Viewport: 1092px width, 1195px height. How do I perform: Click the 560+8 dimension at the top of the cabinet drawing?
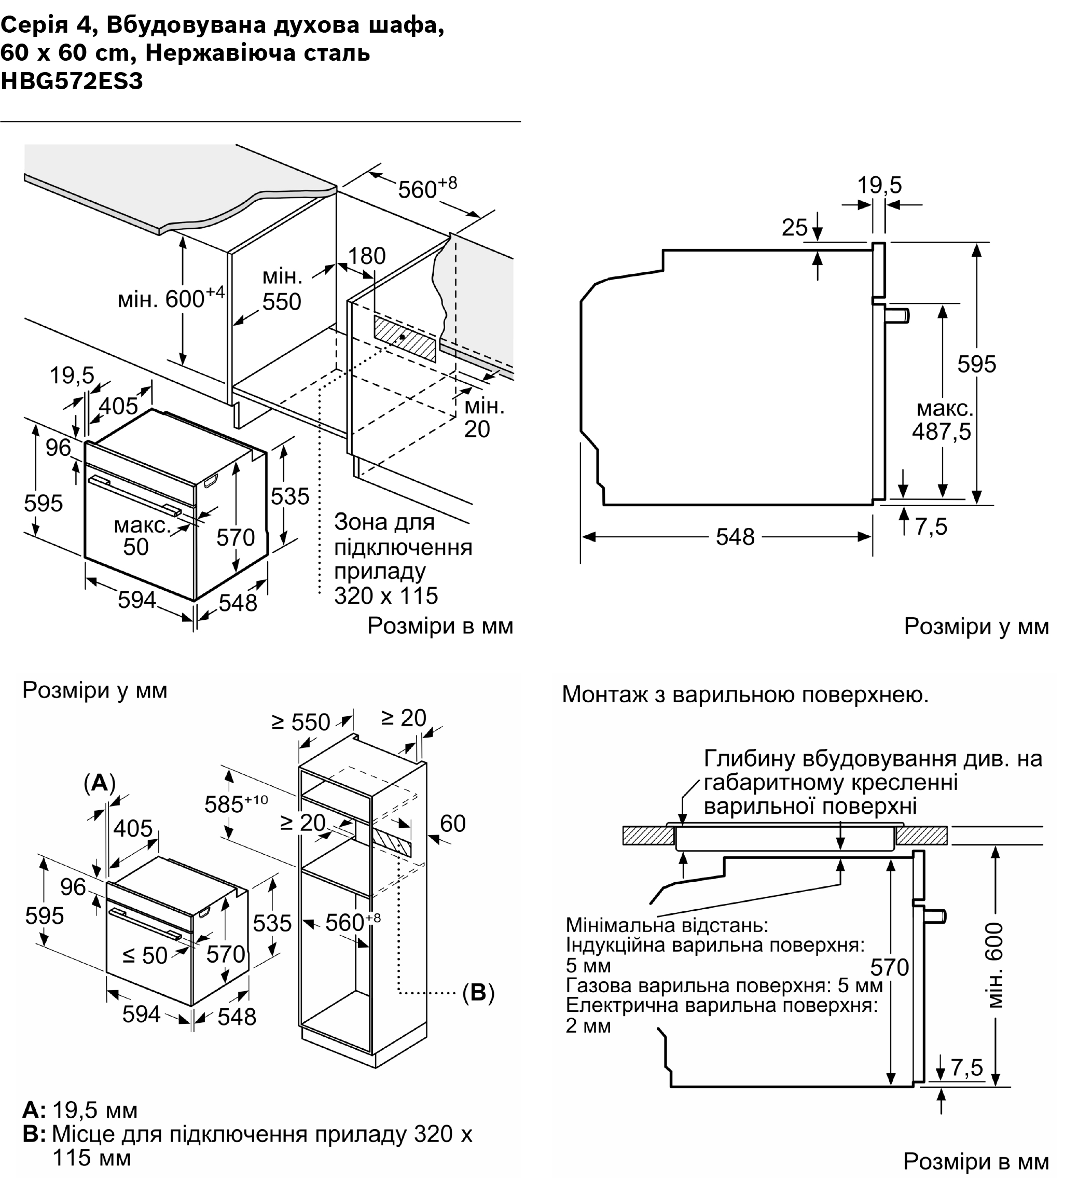[427, 188]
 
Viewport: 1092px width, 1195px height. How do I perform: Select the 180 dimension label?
[366, 256]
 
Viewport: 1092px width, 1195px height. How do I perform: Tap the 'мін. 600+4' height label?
[171, 298]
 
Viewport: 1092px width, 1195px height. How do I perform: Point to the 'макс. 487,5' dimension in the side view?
[942, 420]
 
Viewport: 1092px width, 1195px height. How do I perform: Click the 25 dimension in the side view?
[794, 228]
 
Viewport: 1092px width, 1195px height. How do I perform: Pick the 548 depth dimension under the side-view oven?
[735, 537]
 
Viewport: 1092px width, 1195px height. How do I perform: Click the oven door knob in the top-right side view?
[898, 314]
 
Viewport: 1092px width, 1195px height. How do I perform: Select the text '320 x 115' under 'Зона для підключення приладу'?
[386, 596]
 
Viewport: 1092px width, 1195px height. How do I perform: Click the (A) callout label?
[99, 783]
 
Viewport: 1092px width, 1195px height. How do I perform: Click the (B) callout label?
[478, 992]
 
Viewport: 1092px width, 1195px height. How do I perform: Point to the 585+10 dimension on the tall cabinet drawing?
[236, 804]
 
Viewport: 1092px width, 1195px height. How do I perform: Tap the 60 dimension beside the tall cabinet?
[453, 823]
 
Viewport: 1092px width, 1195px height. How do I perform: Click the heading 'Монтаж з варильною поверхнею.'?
[744, 694]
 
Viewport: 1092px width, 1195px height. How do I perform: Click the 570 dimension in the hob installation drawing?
[889, 967]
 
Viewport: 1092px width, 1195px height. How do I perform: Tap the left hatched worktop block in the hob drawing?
[648, 836]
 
